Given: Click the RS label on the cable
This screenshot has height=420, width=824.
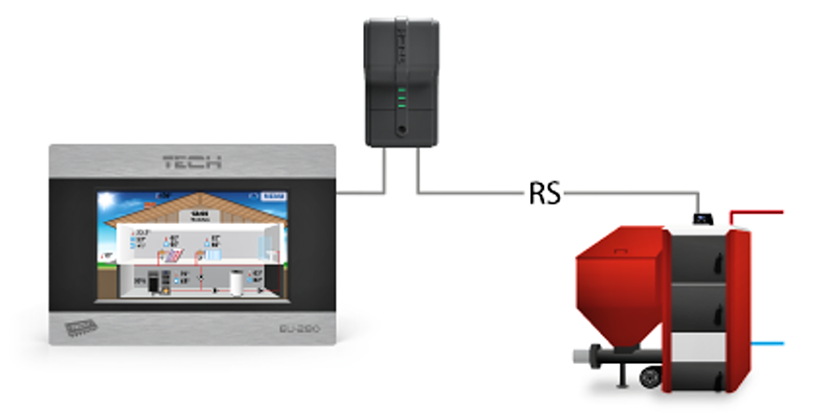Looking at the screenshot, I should click(x=545, y=193).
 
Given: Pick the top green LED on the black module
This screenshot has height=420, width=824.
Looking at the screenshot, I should click(x=401, y=91).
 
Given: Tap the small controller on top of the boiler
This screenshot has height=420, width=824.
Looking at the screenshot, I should click(x=702, y=219).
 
